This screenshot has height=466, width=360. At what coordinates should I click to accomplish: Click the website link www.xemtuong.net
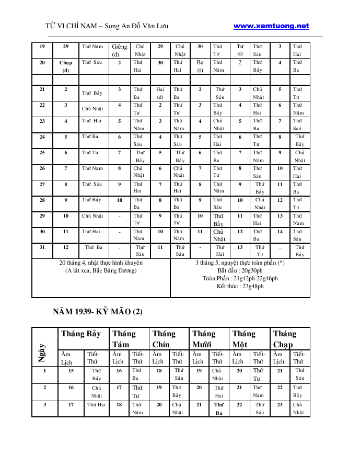coord(271,26)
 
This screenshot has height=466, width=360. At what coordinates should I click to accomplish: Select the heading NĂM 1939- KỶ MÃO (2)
coord(98,312)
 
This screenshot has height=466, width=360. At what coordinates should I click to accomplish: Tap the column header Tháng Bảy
coord(81,334)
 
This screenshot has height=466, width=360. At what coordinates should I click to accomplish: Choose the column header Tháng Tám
coord(124,338)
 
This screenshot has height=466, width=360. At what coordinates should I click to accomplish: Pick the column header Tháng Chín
coord(164,338)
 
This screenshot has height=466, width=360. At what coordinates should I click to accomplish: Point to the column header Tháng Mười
coord(204,338)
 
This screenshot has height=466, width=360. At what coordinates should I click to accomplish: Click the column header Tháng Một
coord(244,338)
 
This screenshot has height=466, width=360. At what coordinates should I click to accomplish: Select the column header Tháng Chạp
coord(285,338)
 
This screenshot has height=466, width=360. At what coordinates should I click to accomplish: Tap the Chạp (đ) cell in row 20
coord(66,66)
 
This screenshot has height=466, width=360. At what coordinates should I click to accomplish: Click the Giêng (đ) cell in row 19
coord(119,50)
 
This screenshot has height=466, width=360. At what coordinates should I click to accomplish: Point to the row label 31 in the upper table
coord(42,247)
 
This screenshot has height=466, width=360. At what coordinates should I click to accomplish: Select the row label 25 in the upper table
coord(42,153)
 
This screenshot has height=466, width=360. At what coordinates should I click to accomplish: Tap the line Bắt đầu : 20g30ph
coord(240,270)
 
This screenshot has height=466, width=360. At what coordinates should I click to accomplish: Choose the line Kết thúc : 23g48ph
coord(240,286)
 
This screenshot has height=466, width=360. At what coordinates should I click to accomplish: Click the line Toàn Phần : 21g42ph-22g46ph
coord(240,278)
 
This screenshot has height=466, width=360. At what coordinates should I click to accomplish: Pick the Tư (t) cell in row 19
coord(240,50)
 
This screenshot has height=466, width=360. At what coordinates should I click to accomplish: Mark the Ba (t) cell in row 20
coord(200,66)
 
